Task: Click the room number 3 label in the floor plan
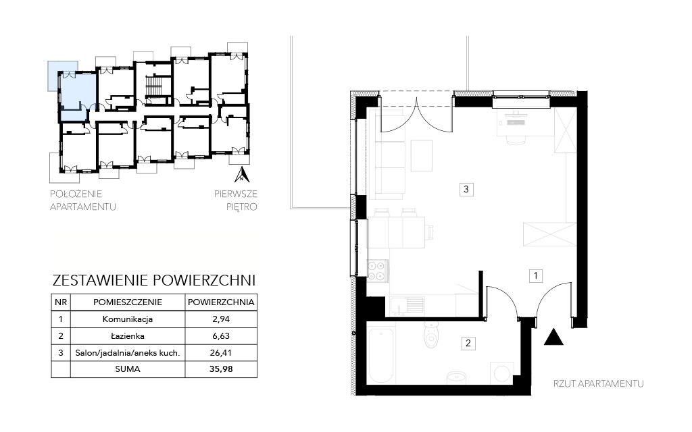tap(466, 190)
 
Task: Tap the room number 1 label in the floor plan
tap(535, 276)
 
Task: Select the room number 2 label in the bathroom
tap(468, 343)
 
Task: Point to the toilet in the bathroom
tap(430, 334)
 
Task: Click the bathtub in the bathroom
tap(381, 355)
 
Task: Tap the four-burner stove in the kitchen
tap(378, 271)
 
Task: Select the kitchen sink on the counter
tap(406, 306)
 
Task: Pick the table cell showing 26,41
tap(221, 352)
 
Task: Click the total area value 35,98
tap(221, 369)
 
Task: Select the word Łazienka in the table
tap(128, 336)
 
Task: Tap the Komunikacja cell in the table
tap(128, 319)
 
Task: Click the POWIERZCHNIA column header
tap(221, 302)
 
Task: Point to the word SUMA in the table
tap(128, 369)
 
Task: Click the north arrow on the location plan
tap(242, 175)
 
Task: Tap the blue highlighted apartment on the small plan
tap(77, 94)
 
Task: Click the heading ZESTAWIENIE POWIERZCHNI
tap(154, 280)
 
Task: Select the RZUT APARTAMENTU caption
tap(599, 384)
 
